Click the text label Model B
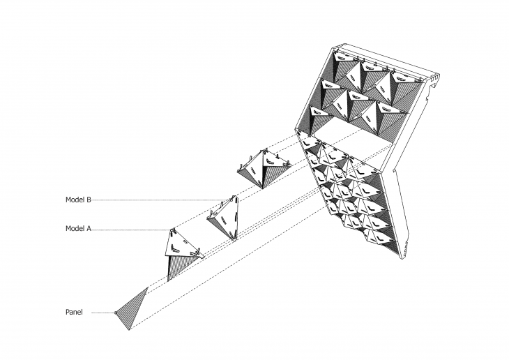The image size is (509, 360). tap(78, 200)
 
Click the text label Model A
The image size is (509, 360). tap(78, 228)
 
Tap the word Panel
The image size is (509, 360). tap(74, 313)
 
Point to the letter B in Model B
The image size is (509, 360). tap(89, 200)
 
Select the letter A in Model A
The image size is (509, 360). tap(89, 228)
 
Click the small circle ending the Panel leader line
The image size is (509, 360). tap(115, 313)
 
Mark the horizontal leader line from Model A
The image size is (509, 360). tap(130, 230)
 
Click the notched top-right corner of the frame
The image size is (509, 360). tap(435, 79)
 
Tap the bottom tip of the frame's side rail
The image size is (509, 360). tap(402, 259)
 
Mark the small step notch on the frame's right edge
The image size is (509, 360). tap(395, 170)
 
